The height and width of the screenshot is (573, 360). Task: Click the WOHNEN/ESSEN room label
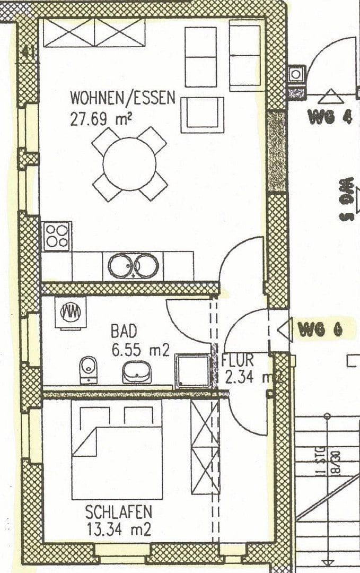coord(122,98)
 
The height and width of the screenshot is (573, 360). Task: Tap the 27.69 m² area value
coord(101,118)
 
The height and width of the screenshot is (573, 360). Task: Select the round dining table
coord(129,164)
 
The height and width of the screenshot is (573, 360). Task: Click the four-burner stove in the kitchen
coord(57,236)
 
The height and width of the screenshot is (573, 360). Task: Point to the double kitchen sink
coord(134,265)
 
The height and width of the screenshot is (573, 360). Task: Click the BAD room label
coord(124,332)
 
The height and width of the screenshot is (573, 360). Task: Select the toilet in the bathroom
coord(88,369)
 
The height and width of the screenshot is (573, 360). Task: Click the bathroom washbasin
coord(137,371)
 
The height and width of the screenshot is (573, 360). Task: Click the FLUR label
coord(238,360)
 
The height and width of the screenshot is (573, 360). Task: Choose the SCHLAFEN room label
coord(119,512)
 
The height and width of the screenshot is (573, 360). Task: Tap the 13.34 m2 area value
coord(119,529)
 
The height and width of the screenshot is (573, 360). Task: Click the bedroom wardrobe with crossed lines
coord(205,447)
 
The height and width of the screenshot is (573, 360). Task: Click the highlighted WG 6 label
coord(320,330)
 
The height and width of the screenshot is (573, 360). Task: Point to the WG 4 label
coord(330,117)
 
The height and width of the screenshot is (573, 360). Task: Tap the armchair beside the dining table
coord(202,115)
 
